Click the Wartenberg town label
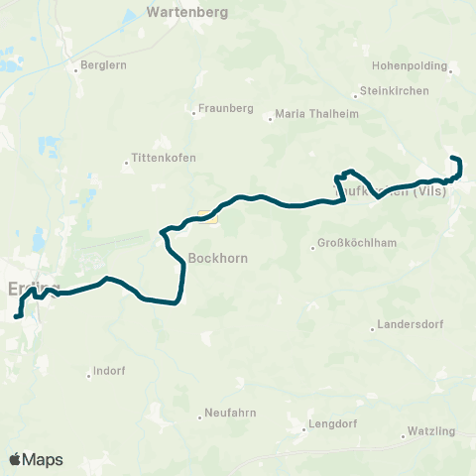[186, 13]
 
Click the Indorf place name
[108, 372]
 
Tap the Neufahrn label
[231, 413]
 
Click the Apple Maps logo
[36, 459]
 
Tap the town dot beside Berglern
[76, 68]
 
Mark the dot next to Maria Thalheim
[270, 121]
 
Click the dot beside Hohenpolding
[450, 70]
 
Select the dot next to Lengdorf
[304, 429]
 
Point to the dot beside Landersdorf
[373, 329]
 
